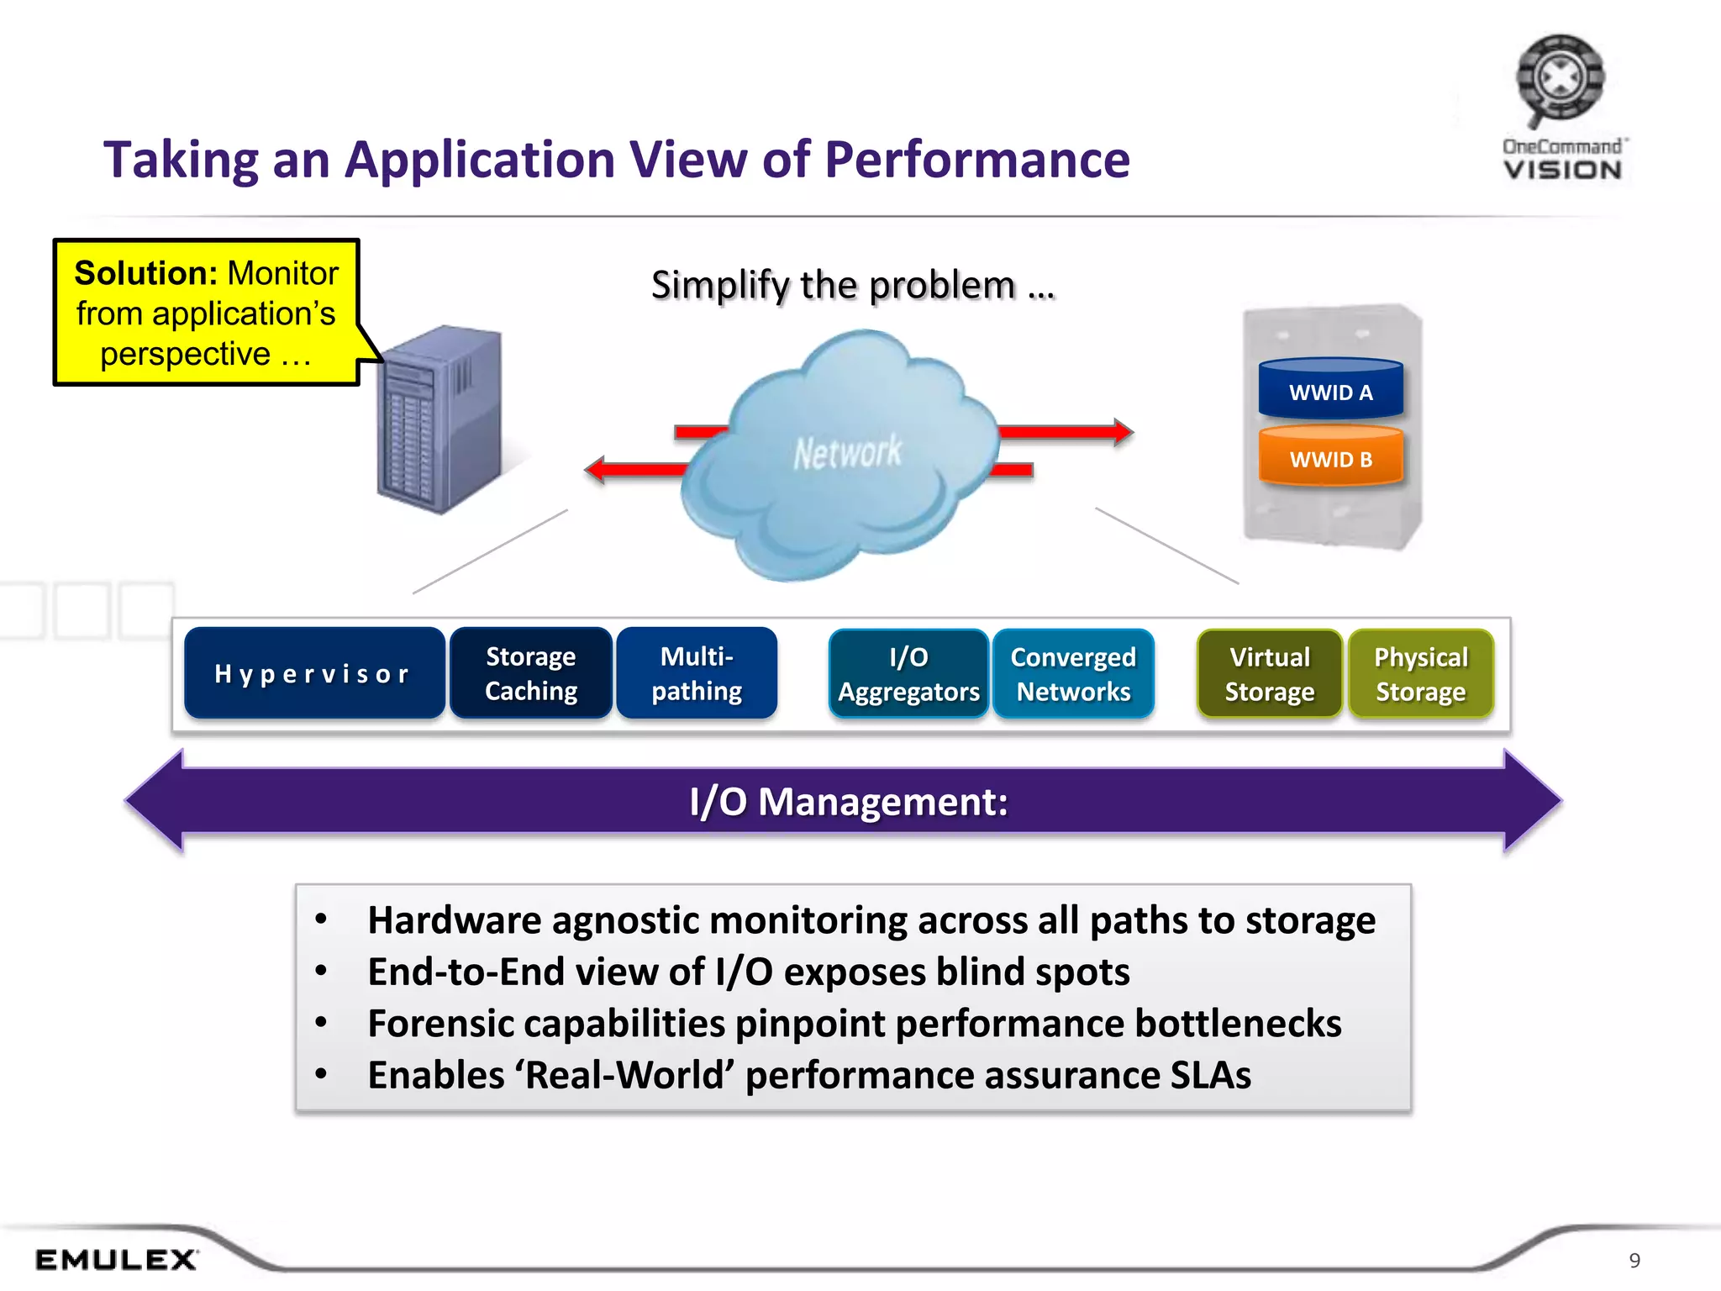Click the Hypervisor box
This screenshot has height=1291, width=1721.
[x=313, y=673]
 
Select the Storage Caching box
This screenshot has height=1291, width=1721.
[x=530, y=673]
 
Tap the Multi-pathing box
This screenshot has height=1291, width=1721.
[x=697, y=673]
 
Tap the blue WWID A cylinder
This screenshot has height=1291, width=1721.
[x=1330, y=390]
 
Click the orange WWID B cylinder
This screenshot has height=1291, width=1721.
[x=1330, y=458]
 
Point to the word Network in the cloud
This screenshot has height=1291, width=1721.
[x=847, y=453]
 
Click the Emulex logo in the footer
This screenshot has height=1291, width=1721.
[x=116, y=1260]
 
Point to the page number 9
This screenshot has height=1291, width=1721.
[x=1634, y=1261]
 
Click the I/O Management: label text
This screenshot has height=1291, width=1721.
[x=848, y=801]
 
